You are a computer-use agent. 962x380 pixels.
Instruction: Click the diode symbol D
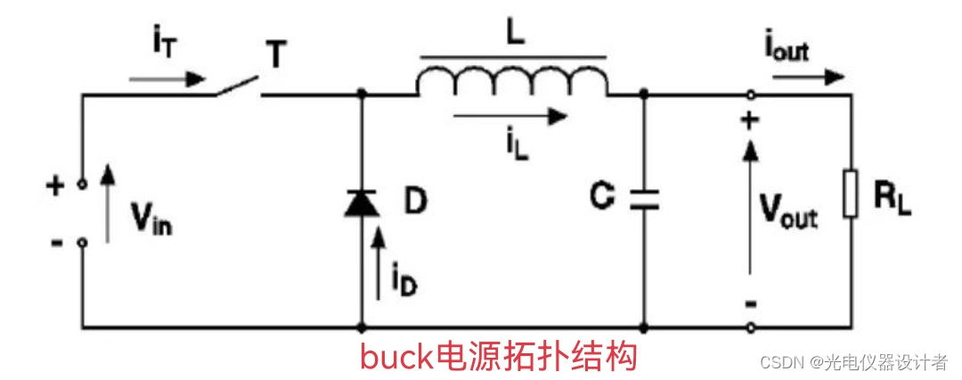(362, 203)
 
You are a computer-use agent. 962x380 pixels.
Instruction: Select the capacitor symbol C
(643, 200)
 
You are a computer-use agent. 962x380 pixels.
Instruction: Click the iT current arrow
(166, 78)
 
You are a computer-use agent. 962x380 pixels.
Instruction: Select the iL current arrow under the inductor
(510, 114)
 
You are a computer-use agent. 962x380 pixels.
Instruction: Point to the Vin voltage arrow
(109, 202)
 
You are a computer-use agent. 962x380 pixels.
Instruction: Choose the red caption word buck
(397, 357)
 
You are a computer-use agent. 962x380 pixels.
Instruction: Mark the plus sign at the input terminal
(55, 186)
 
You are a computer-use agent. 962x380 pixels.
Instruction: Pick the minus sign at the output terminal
(750, 304)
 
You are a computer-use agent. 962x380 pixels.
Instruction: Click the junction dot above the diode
(362, 93)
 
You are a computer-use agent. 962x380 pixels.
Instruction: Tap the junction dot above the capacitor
(643, 93)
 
